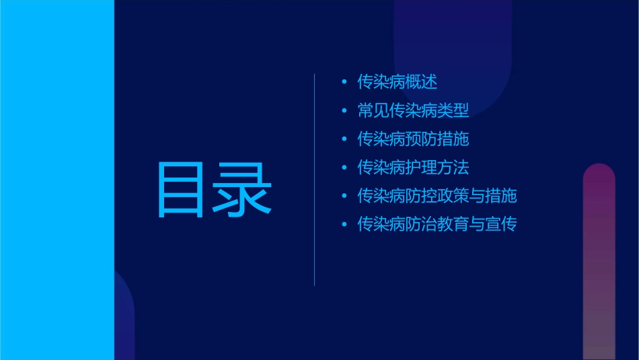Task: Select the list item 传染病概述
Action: (x=397, y=82)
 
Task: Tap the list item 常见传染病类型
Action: (x=413, y=110)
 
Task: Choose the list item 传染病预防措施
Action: (x=413, y=139)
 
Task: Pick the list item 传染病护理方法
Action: (x=413, y=168)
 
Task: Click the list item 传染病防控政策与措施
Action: (x=437, y=196)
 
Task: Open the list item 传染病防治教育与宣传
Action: (x=437, y=224)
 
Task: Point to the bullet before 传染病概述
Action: (x=344, y=83)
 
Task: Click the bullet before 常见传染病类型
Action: (x=344, y=111)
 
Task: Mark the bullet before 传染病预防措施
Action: (x=344, y=139)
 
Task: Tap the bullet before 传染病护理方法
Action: (x=344, y=168)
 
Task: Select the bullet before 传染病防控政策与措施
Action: (x=344, y=196)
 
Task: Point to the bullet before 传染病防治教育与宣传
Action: (x=344, y=225)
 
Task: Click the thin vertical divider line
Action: (x=315, y=179)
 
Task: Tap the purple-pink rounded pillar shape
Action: (x=599, y=262)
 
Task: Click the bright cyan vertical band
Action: (x=57, y=180)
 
